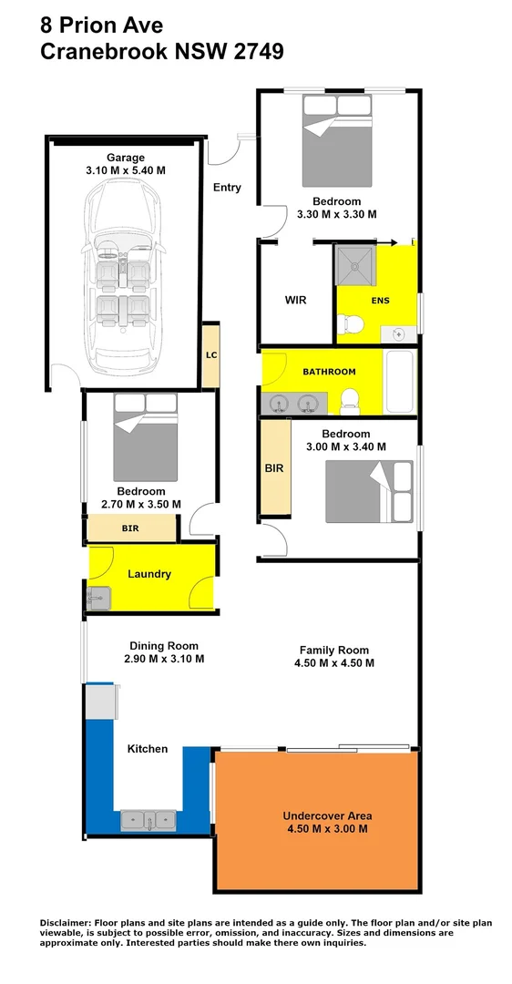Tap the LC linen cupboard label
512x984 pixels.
coord(210,354)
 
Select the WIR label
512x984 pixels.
coord(295,299)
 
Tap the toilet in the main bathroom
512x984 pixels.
coord(348,398)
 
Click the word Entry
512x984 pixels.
coord(227,188)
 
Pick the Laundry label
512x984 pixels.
coord(149,574)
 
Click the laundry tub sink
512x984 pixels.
coord(98,598)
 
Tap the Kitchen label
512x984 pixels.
coord(148,749)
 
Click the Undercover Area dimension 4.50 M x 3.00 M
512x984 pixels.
coord(327,829)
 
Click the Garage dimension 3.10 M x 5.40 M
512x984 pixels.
coord(126,170)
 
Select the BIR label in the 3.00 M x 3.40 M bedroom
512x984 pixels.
coord(273,468)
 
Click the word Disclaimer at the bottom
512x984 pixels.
coord(70,924)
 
